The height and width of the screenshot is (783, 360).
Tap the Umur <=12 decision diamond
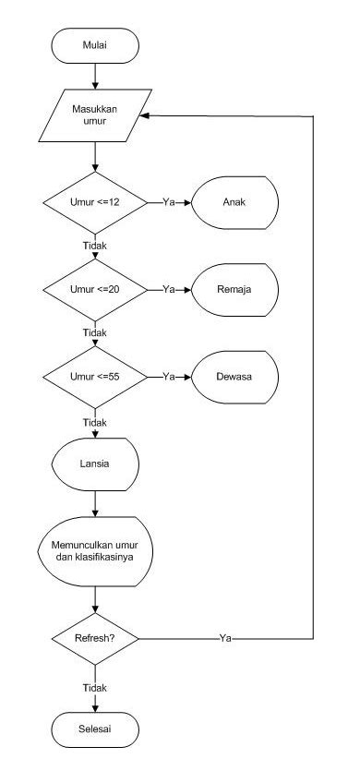95,200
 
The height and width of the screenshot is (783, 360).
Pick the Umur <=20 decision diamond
95,289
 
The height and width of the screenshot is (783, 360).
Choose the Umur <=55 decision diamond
95,378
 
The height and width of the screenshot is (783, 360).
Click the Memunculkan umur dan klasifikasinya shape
95,551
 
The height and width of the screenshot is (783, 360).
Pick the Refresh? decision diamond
95,638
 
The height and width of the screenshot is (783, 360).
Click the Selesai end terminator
95,730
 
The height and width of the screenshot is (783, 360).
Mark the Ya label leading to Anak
169,200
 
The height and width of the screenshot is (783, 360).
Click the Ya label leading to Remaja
169,289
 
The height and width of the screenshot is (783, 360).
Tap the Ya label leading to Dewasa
169,378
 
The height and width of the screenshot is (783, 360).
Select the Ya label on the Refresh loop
225,638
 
